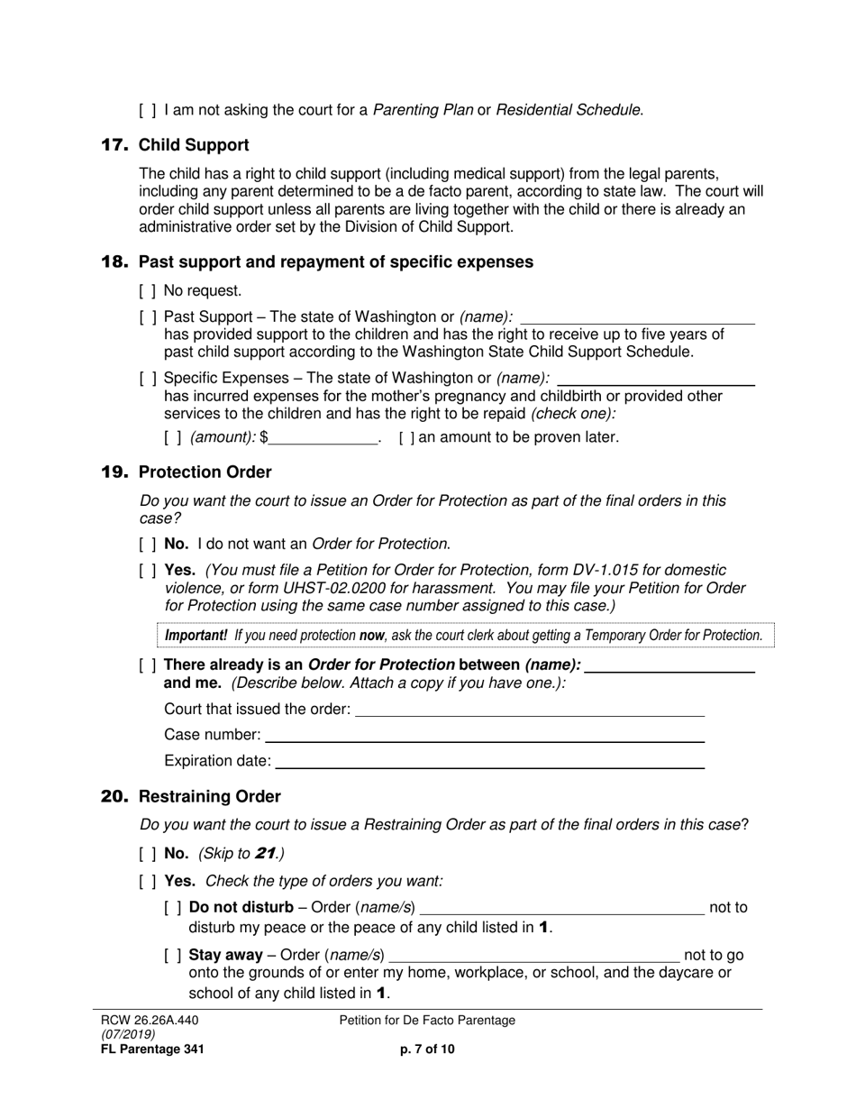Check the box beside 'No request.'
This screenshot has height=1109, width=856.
(148, 291)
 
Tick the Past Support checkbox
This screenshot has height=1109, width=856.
(148, 317)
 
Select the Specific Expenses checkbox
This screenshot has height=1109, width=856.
(148, 379)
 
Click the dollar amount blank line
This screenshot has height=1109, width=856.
(323, 438)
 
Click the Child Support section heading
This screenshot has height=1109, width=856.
(194, 145)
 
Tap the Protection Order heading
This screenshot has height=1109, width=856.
(205, 472)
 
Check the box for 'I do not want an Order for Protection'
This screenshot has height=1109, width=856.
(148, 545)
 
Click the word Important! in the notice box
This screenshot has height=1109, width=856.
(196, 636)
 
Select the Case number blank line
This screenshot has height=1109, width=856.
(484, 736)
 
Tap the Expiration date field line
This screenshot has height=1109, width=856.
(489, 762)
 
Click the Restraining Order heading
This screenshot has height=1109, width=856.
(209, 797)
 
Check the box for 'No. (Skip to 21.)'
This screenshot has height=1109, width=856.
(148, 854)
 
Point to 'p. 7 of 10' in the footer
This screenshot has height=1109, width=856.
(427, 1049)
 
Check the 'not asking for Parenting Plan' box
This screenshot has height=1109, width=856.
(148, 111)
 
